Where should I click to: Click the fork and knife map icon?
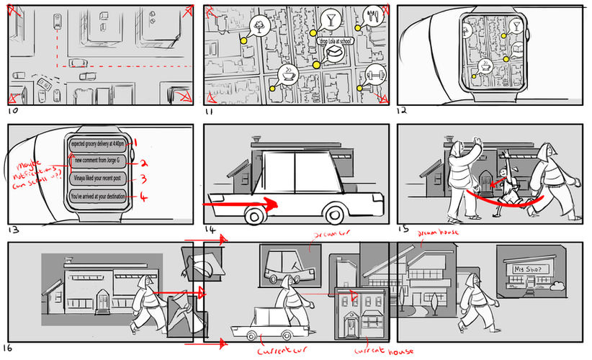tap(372, 16)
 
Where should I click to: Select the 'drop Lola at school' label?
tap(334, 41)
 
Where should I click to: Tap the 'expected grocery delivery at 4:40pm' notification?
tap(98, 142)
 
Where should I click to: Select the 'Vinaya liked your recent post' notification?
tap(98, 178)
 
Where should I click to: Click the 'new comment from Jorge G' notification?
tap(98, 160)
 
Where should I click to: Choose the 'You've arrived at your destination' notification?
tap(98, 196)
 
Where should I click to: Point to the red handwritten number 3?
tap(143, 179)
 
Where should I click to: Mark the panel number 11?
tap(210, 112)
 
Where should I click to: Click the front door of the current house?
tap(351, 326)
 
